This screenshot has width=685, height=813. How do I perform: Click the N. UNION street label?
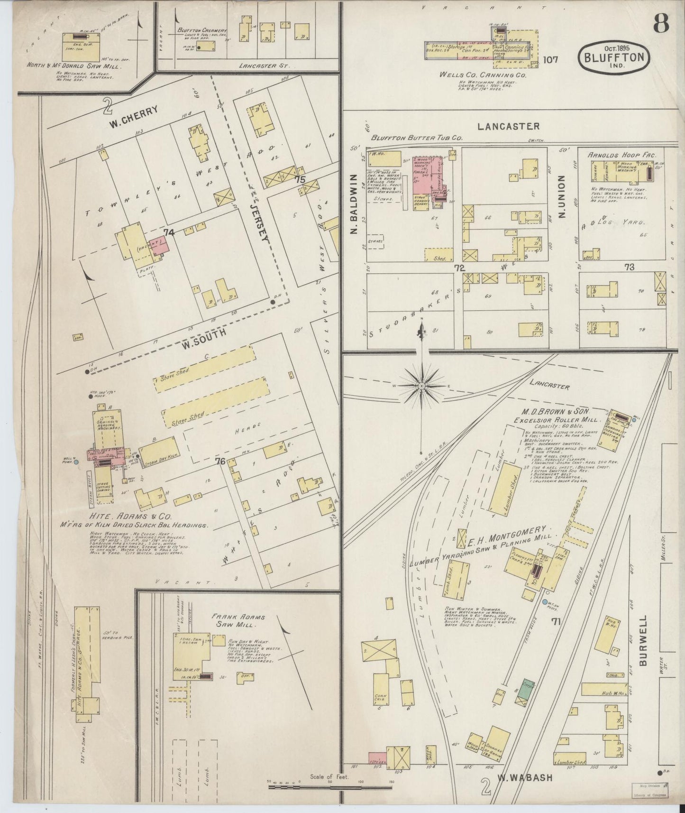pyautogui.click(x=563, y=197)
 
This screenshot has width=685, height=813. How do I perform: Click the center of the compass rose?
pyautogui.click(x=421, y=387)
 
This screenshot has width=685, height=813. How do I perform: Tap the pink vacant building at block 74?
pyautogui.click(x=160, y=245)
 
